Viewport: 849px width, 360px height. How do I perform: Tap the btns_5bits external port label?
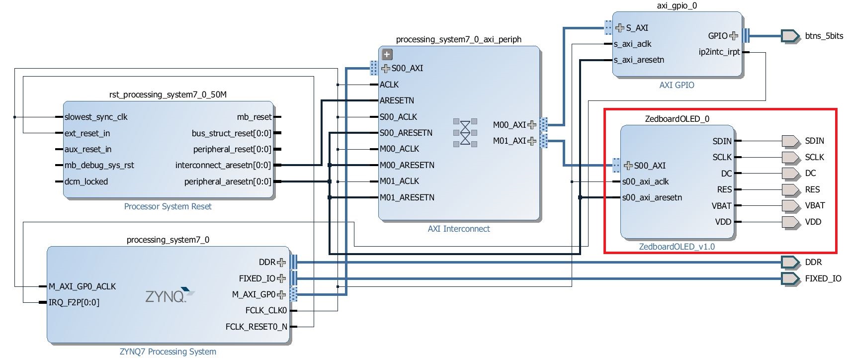(824, 36)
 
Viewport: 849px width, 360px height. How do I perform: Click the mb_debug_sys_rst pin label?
(99, 165)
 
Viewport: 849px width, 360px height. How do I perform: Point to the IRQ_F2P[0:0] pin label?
(74, 302)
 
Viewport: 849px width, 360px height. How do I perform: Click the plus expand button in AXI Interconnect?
(387, 54)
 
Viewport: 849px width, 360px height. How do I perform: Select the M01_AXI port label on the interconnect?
(509, 141)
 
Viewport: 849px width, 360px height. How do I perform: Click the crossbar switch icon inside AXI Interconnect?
(465, 132)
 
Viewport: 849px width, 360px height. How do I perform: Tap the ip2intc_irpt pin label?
(719, 52)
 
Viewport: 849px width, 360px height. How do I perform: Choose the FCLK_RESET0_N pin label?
(256, 327)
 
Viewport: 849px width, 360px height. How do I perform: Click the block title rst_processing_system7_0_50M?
(168, 94)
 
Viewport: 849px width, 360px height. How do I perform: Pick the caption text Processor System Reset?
(168, 206)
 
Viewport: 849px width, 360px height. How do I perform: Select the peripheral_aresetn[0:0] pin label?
(228, 181)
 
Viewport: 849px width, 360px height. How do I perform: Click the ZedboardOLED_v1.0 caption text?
(677, 247)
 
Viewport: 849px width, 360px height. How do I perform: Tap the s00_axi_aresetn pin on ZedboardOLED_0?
(652, 197)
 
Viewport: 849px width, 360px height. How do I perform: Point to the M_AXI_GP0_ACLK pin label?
(82, 286)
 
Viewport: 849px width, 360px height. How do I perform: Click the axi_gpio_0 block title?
(677, 5)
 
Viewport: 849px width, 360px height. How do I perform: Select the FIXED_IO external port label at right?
(823, 278)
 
